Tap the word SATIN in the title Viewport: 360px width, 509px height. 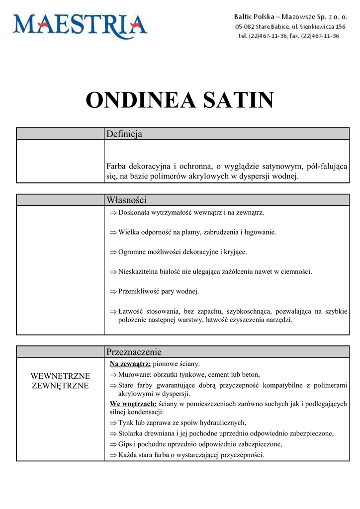pyautogui.click(x=238, y=100)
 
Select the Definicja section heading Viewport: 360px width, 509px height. pyautogui.click(x=124, y=134)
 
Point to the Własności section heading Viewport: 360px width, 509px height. pyautogui.click(x=126, y=200)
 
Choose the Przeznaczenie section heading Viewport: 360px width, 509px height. pyautogui.click(x=134, y=352)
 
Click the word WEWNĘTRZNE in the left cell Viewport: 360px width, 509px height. pyautogui.click(x=60, y=376)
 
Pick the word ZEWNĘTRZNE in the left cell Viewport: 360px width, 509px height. pyautogui.click(x=60, y=386)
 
